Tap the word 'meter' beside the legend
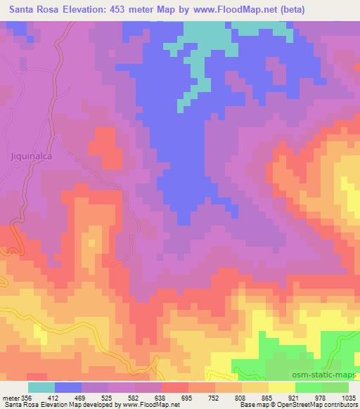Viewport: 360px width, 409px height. click(10, 397)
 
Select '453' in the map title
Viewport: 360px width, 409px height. click(128, 9)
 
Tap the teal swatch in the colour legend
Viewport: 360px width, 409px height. click(41, 387)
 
